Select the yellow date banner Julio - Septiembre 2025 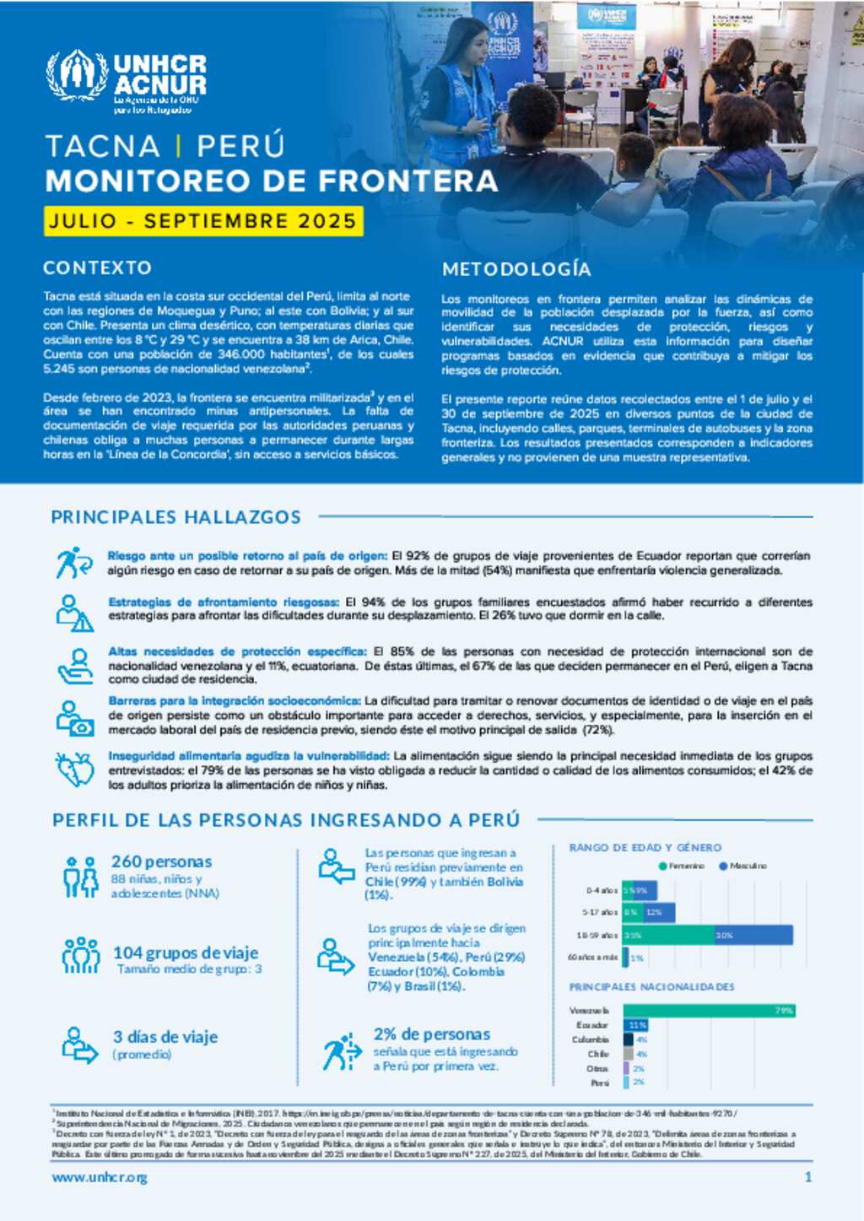[203, 221]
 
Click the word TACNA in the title [103, 146]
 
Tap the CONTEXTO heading [98, 267]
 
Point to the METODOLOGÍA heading [516, 269]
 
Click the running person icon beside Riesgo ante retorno [73, 562]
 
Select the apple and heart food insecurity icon [74, 769]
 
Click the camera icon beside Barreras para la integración [74, 718]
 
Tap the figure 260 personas [161, 862]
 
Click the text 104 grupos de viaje [186, 953]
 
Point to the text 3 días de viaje [165, 1037]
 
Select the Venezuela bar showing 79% [709, 1010]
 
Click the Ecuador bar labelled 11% [635, 1025]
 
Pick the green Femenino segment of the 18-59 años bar [668, 935]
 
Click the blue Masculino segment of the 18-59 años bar [753, 935]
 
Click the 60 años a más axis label [592, 957]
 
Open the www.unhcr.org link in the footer [100, 1177]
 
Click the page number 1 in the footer [808, 1177]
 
